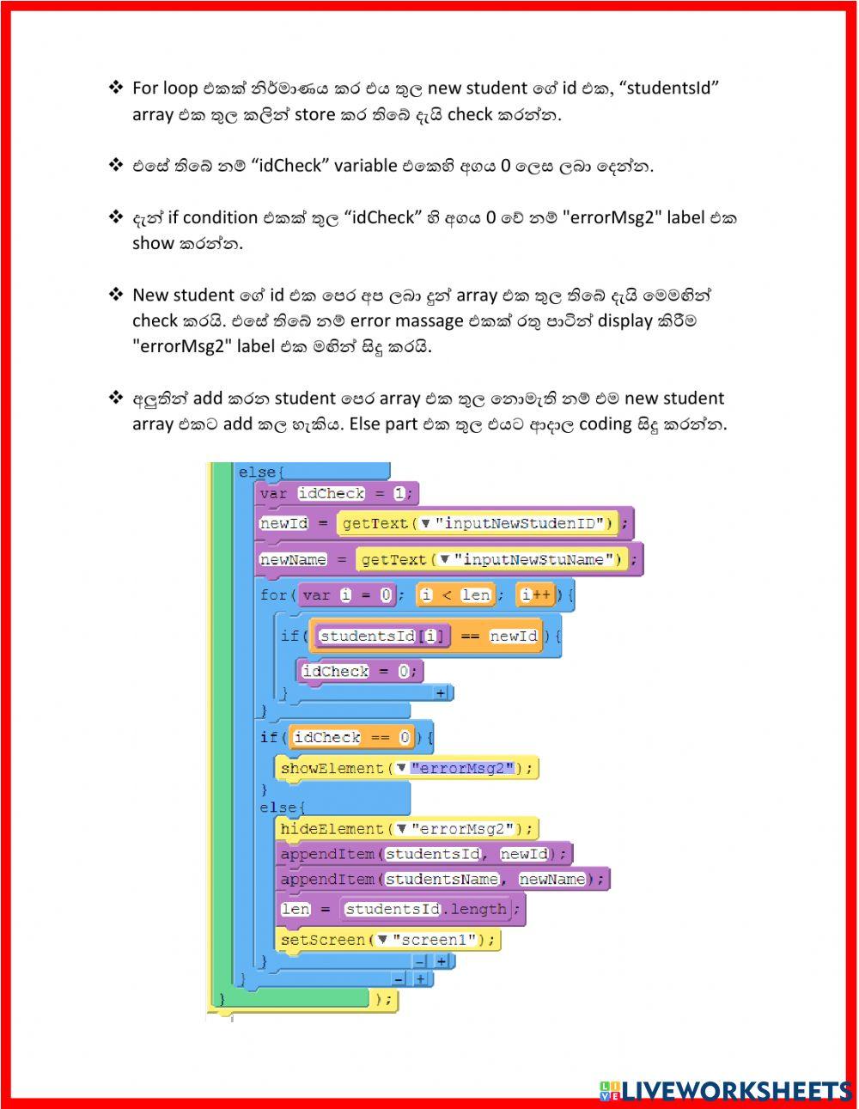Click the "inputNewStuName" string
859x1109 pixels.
pyautogui.click(x=537, y=560)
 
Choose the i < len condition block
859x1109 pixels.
pyautogui.click(x=454, y=594)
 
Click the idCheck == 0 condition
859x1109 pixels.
pyautogui.click(x=352, y=737)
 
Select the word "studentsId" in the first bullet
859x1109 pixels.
pyautogui.click(x=671, y=88)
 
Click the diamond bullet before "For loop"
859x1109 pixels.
pyautogui.click(x=115, y=88)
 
